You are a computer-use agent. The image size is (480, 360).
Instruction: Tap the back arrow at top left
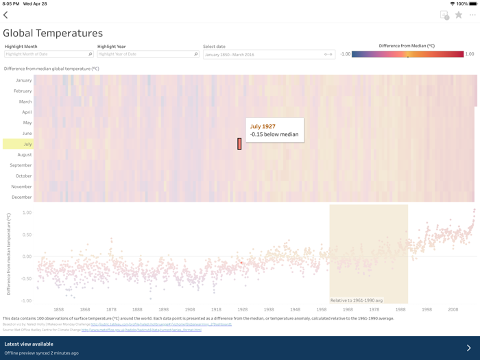click(x=6, y=14)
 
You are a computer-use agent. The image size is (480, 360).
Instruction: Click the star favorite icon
click(x=459, y=14)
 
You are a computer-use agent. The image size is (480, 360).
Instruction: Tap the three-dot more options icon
click(x=472, y=14)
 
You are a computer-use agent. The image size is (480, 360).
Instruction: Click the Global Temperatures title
click(x=53, y=33)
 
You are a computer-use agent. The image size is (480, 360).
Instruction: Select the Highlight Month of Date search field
click(x=48, y=54)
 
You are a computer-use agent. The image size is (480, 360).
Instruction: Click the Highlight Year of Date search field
click(x=147, y=54)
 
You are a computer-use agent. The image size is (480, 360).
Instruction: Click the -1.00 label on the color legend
click(x=346, y=54)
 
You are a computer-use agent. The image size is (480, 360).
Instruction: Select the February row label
click(x=23, y=91)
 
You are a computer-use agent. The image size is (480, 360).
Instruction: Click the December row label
click(x=22, y=197)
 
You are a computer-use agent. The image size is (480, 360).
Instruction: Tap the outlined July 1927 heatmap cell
click(x=239, y=144)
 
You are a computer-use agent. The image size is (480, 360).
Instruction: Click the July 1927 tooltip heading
click(x=263, y=127)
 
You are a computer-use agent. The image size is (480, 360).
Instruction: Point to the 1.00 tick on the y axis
click(x=27, y=213)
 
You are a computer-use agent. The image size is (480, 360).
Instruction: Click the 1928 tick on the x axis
click(x=243, y=310)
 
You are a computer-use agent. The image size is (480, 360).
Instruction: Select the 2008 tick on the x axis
click(x=453, y=310)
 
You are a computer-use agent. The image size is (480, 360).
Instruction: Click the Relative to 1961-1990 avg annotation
click(x=357, y=300)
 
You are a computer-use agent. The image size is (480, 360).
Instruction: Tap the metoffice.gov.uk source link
click(x=141, y=330)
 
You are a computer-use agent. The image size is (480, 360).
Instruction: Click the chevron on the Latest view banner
click(x=468, y=348)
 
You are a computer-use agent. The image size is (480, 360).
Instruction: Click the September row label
click(x=21, y=165)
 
